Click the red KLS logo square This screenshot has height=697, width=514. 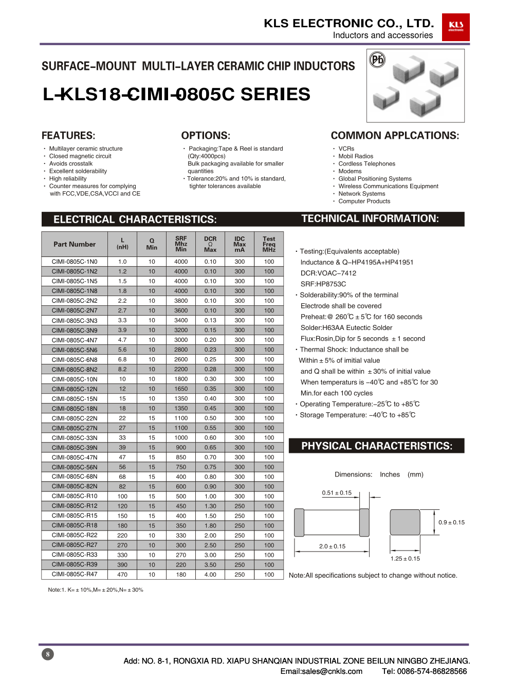(455, 27)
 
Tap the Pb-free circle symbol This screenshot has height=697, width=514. (378, 60)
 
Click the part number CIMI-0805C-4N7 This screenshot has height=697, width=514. (75, 340)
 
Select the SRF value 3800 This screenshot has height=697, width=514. (181, 301)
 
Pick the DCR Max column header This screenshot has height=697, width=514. (210, 244)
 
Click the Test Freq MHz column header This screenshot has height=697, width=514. (269, 244)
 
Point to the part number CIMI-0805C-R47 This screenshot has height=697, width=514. (75, 574)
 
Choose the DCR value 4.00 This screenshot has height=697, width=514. (210, 575)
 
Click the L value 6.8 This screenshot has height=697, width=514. (122, 359)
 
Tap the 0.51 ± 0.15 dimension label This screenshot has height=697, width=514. (337, 493)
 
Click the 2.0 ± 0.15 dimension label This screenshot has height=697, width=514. (332, 546)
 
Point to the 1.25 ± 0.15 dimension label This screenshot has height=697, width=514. (405, 559)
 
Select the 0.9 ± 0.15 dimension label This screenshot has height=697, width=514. (451, 522)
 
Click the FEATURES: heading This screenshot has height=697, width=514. (68, 136)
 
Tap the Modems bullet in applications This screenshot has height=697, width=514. (350, 171)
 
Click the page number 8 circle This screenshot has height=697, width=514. (48, 654)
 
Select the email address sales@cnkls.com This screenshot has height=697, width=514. (321, 671)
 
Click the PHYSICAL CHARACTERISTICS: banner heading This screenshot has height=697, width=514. (377, 446)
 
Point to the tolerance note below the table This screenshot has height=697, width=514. (96, 590)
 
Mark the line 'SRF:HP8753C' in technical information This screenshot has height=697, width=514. (323, 284)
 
